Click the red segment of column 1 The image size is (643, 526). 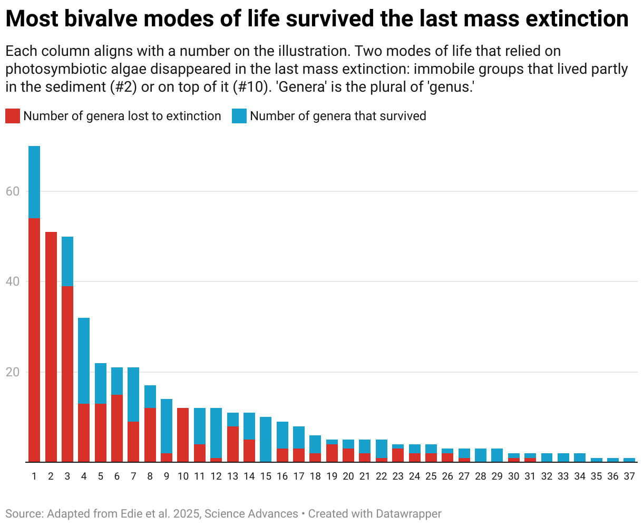point(34,340)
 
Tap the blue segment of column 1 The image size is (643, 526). point(34,182)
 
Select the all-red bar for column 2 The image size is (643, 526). point(51,347)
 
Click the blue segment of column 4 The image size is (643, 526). point(83,361)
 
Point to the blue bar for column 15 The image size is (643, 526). point(266,440)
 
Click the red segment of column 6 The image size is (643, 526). point(116,428)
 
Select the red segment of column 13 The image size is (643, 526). point(232,444)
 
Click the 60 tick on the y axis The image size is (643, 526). point(13,191)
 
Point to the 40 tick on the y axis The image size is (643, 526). point(13,281)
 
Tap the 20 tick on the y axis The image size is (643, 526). point(13,372)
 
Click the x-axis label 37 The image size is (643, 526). point(629,476)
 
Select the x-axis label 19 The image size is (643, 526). point(332,476)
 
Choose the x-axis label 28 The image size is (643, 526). point(480,476)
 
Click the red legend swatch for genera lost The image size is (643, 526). point(13,116)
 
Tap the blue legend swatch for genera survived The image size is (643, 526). point(239,116)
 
